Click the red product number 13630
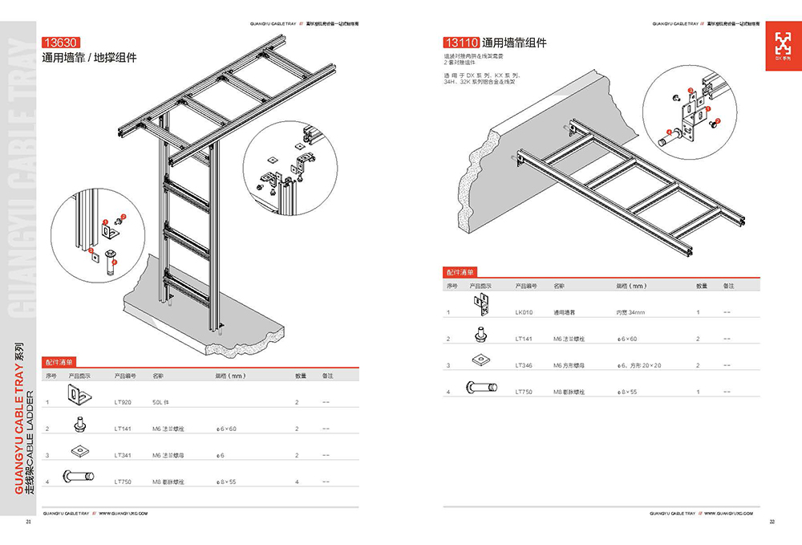(62, 44)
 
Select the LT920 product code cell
(123, 401)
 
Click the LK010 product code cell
(524, 311)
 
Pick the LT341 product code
(123, 455)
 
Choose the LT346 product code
(524, 365)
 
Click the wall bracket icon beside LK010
(481, 304)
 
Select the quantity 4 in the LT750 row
(297, 482)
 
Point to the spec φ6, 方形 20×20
(639, 365)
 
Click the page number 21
(29, 523)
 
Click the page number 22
(772, 523)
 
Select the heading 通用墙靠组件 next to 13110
(514, 43)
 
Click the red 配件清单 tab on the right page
(460, 272)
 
